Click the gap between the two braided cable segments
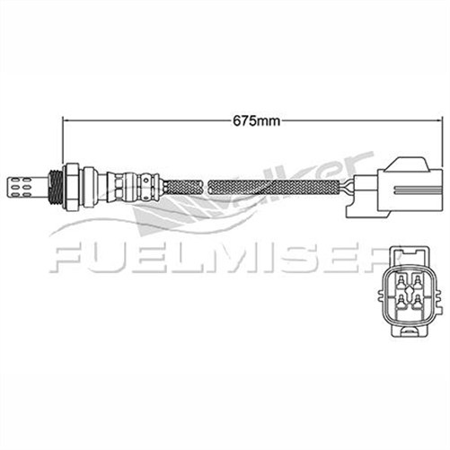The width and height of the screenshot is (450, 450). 206,188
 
